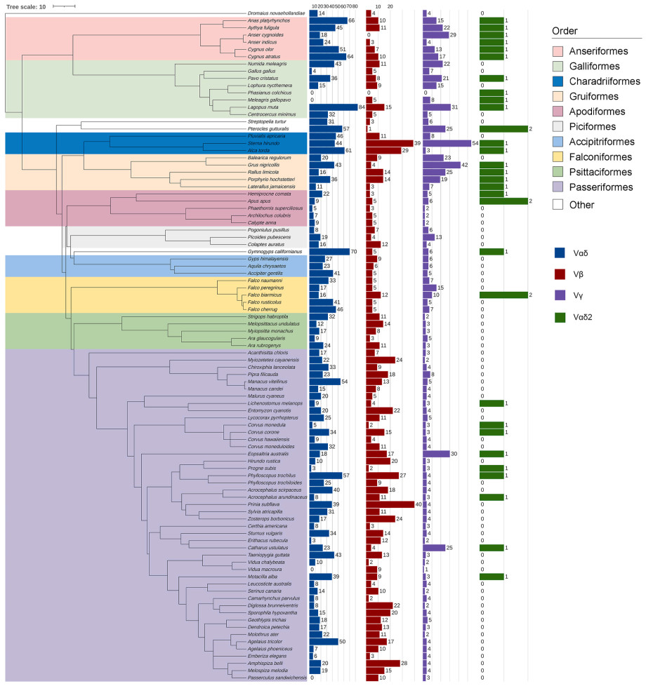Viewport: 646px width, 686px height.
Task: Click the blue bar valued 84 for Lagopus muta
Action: pyautogui.click(x=333, y=107)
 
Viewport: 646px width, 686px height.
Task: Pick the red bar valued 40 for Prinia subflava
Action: pyautogui.click(x=390, y=504)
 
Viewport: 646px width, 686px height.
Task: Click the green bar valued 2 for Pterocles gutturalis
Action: pyautogui.click(x=503, y=128)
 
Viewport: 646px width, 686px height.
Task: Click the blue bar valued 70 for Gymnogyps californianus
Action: pyautogui.click(x=329, y=251)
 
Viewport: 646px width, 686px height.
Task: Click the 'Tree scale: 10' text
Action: pyautogui.click(x=26, y=7)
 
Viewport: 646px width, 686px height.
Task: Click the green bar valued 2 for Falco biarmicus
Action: pyautogui.click(x=503, y=295)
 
